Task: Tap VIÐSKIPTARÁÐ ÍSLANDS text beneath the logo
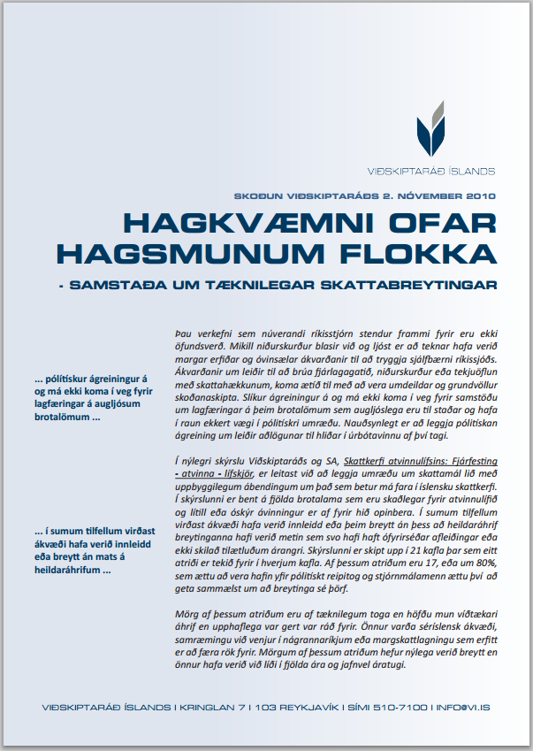click(x=430, y=171)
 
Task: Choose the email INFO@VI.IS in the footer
click(x=467, y=708)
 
